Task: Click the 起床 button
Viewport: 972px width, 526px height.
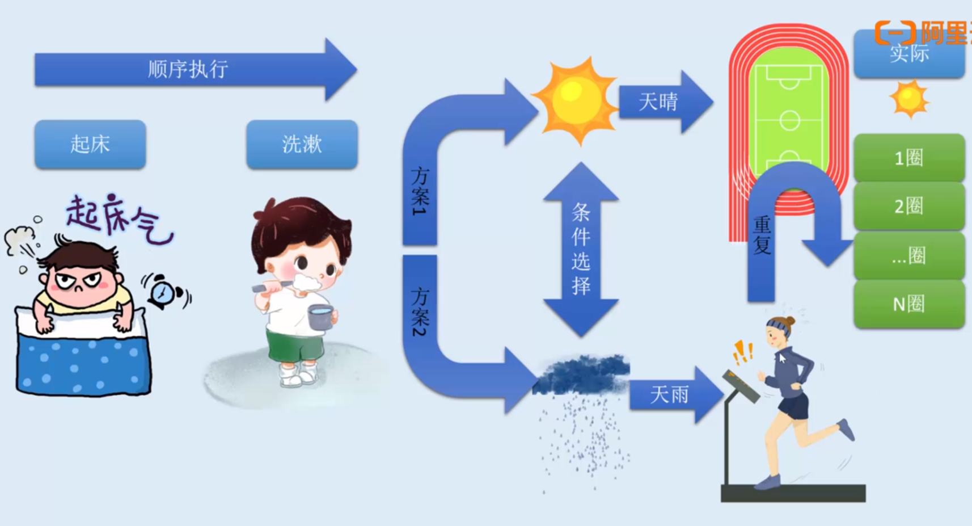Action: (90, 144)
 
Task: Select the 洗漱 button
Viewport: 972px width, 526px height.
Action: (302, 144)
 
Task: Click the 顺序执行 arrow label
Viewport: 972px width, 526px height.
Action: (188, 69)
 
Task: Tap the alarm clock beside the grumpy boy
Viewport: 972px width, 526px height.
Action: (164, 292)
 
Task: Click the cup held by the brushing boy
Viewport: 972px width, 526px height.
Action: (320, 317)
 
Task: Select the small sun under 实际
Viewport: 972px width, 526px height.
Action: (909, 99)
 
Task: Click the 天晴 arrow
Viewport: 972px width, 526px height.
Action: (659, 102)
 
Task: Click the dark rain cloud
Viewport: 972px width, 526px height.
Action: (581, 374)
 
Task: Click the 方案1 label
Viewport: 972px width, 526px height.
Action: (420, 191)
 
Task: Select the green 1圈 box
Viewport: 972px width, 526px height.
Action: (909, 158)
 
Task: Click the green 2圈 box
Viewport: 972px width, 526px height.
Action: (909, 206)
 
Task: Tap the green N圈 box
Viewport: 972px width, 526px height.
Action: (909, 304)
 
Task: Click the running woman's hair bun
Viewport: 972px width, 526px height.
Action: (790, 321)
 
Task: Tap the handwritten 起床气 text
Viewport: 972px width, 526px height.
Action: (119, 218)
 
